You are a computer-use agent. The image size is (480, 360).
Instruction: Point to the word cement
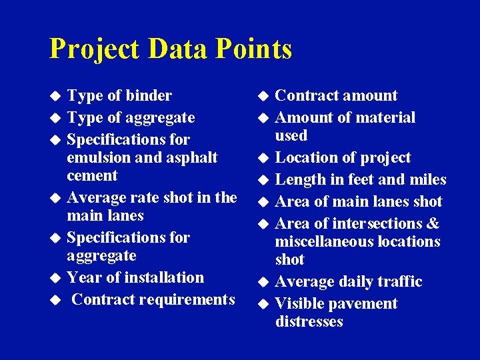(92, 176)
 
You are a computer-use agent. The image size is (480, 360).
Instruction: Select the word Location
(306, 158)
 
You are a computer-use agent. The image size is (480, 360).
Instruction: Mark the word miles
(427, 180)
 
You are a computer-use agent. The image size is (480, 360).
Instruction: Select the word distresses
(309, 322)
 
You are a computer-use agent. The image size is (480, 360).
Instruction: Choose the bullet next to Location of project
(263, 159)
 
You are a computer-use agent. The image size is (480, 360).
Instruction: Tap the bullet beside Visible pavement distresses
(263, 305)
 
